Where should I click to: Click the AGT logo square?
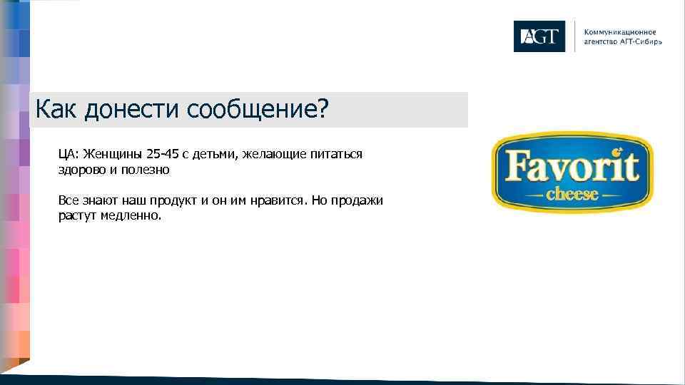539,36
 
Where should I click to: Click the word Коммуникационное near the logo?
620,32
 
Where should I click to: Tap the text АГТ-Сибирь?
639,41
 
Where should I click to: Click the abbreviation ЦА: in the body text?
69,154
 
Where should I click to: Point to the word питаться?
337,154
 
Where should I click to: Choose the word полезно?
146,171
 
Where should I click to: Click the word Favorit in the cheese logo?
572,167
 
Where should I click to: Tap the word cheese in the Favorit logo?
572,194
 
